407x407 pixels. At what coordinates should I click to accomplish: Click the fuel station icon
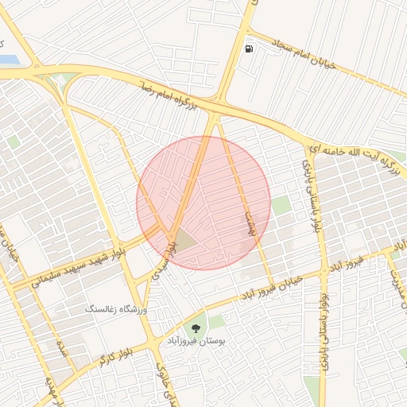point(250,49)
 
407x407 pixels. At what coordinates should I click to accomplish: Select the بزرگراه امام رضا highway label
point(171,95)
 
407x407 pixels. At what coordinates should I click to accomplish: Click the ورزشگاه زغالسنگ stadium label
point(118,307)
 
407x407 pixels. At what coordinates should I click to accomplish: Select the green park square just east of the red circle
point(281,205)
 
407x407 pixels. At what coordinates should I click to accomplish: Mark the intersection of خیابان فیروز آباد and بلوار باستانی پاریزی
point(324,270)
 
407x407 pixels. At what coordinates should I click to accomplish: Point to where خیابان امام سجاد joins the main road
point(246,33)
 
